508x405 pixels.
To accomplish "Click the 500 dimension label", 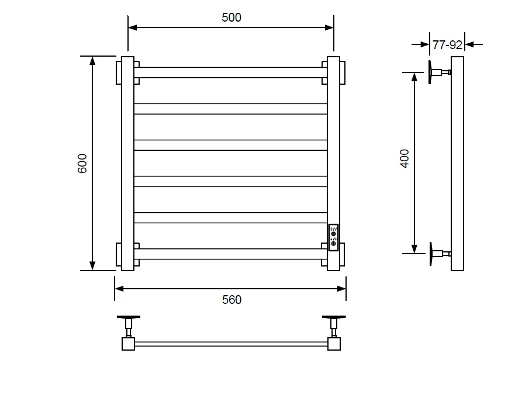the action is (231, 18).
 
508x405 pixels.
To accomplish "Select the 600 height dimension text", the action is (82, 164).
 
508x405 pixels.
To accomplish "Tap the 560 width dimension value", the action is (231, 300).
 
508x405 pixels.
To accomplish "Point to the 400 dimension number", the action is (405, 158).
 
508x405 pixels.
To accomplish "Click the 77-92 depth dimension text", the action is (447, 45).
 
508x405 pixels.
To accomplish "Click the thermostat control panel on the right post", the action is (333, 237).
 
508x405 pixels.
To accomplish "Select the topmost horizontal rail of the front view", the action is (230, 72).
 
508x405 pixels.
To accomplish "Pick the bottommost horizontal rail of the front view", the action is (230, 254).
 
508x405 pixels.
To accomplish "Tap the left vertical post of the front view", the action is (127, 164).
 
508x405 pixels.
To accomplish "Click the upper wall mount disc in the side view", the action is (430, 72).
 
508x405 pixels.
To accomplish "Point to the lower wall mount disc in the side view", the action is (431, 254).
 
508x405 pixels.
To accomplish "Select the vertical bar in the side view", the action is (458, 164).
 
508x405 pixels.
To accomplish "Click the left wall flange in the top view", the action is (129, 317).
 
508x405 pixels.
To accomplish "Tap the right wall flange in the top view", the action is (334, 317).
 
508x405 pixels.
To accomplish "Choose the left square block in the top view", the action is (128, 344).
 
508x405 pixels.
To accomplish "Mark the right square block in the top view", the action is (334, 344).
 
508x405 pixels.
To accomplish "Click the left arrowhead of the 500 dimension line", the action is (132, 27).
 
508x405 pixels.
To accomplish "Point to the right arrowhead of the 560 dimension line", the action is (341, 289).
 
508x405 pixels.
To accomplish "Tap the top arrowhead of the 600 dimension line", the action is (93, 61).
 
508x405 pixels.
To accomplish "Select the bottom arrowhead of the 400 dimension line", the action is (414, 249).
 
